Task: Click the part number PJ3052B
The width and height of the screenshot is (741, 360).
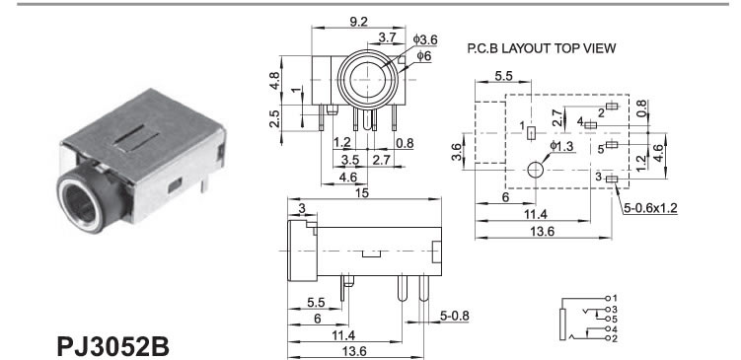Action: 112,346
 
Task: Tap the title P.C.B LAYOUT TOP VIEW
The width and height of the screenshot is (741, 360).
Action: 542,48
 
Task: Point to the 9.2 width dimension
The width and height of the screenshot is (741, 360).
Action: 359,22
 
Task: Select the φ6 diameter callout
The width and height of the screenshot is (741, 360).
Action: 424,56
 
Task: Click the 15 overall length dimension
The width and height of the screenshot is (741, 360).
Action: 362,193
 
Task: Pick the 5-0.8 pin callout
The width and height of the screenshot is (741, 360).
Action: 454,316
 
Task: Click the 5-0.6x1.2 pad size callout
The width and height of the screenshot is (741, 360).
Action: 651,208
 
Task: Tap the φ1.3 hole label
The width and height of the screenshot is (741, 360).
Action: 561,146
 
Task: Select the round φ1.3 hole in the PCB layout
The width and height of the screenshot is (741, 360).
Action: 536,170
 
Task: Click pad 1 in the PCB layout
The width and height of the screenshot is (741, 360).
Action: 531,133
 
